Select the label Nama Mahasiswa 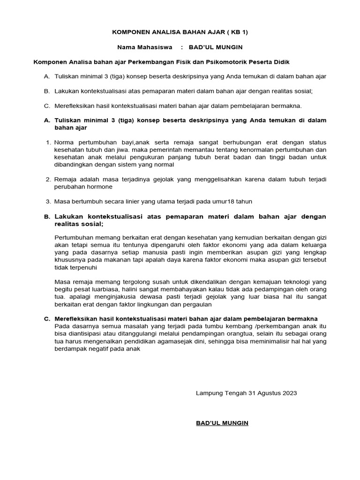145,47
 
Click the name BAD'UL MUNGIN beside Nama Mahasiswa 216,47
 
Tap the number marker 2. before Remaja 48,180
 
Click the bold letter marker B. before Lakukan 47,217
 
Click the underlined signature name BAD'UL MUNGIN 222,423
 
